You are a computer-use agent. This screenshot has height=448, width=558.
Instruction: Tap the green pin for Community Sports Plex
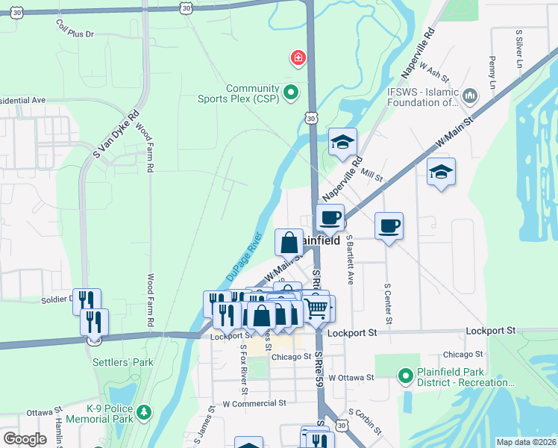pyautogui.click(x=292, y=93)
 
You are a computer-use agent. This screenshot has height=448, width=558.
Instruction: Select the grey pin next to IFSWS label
pyautogui.click(x=470, y=96)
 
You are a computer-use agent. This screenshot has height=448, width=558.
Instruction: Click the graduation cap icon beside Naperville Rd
pyautogui.click(x=343, y=141)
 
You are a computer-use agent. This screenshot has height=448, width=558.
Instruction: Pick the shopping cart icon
pyautogui.click(x=317, y=306)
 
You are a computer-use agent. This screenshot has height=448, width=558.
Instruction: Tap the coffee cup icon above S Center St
pyautogui.click(x=388, y=225)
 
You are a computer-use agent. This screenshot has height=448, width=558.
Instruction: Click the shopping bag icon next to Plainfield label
pyautogui.click(x=289, y=242)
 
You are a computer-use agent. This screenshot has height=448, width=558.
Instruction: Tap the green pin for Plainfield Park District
pyautogui.click(x=405, y=376)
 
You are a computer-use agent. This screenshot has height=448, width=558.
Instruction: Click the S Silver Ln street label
pyautogui.click(x=518, y=49)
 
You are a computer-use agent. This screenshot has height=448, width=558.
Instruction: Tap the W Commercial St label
pyautogui.click(x=254, y=403)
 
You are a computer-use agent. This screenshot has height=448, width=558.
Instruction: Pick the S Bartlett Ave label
pyautogui.click(x=349, y=261)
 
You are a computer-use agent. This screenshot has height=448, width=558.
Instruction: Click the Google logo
pyautogui.click(x=25, y=438)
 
